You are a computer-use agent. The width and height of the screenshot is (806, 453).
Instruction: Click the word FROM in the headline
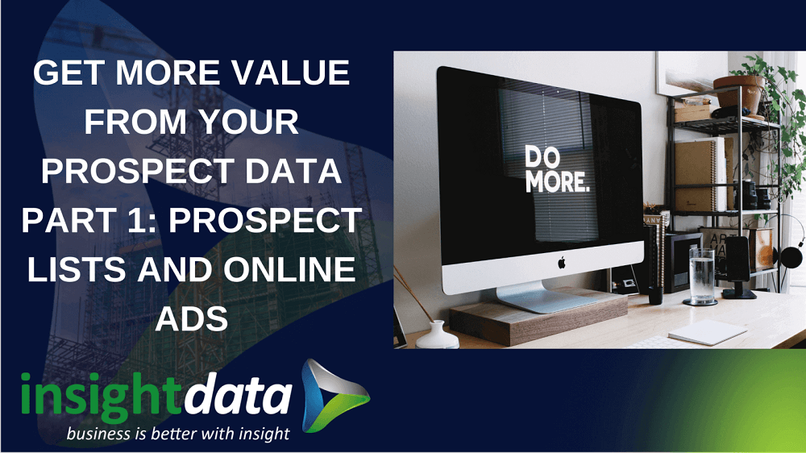[135, 123]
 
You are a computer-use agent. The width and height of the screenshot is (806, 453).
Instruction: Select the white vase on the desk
[438, 335]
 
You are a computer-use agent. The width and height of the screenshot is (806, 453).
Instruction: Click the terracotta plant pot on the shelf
[737, 94]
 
